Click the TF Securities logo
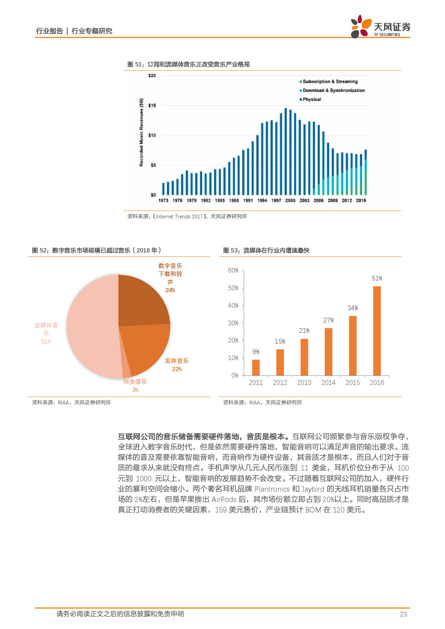coord(380,27)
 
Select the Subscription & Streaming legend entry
coord(330,82)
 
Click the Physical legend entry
coord(311,100)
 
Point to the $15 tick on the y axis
coord(152,105)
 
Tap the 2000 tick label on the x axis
coord(290,200)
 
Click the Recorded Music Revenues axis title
coord(141,133)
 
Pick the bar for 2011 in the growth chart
coord(256,367)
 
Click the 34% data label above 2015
coord(352,308)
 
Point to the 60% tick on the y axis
coord(233,270)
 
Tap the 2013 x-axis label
coord(304,383)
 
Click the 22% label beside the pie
coord(177,369)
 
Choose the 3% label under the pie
coord(135,390)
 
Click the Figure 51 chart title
coord(188,65)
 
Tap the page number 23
coord(403,614)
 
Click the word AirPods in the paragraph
coord(224,500)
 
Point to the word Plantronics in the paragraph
coord(272,489)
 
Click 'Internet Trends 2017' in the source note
coord(179,217)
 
